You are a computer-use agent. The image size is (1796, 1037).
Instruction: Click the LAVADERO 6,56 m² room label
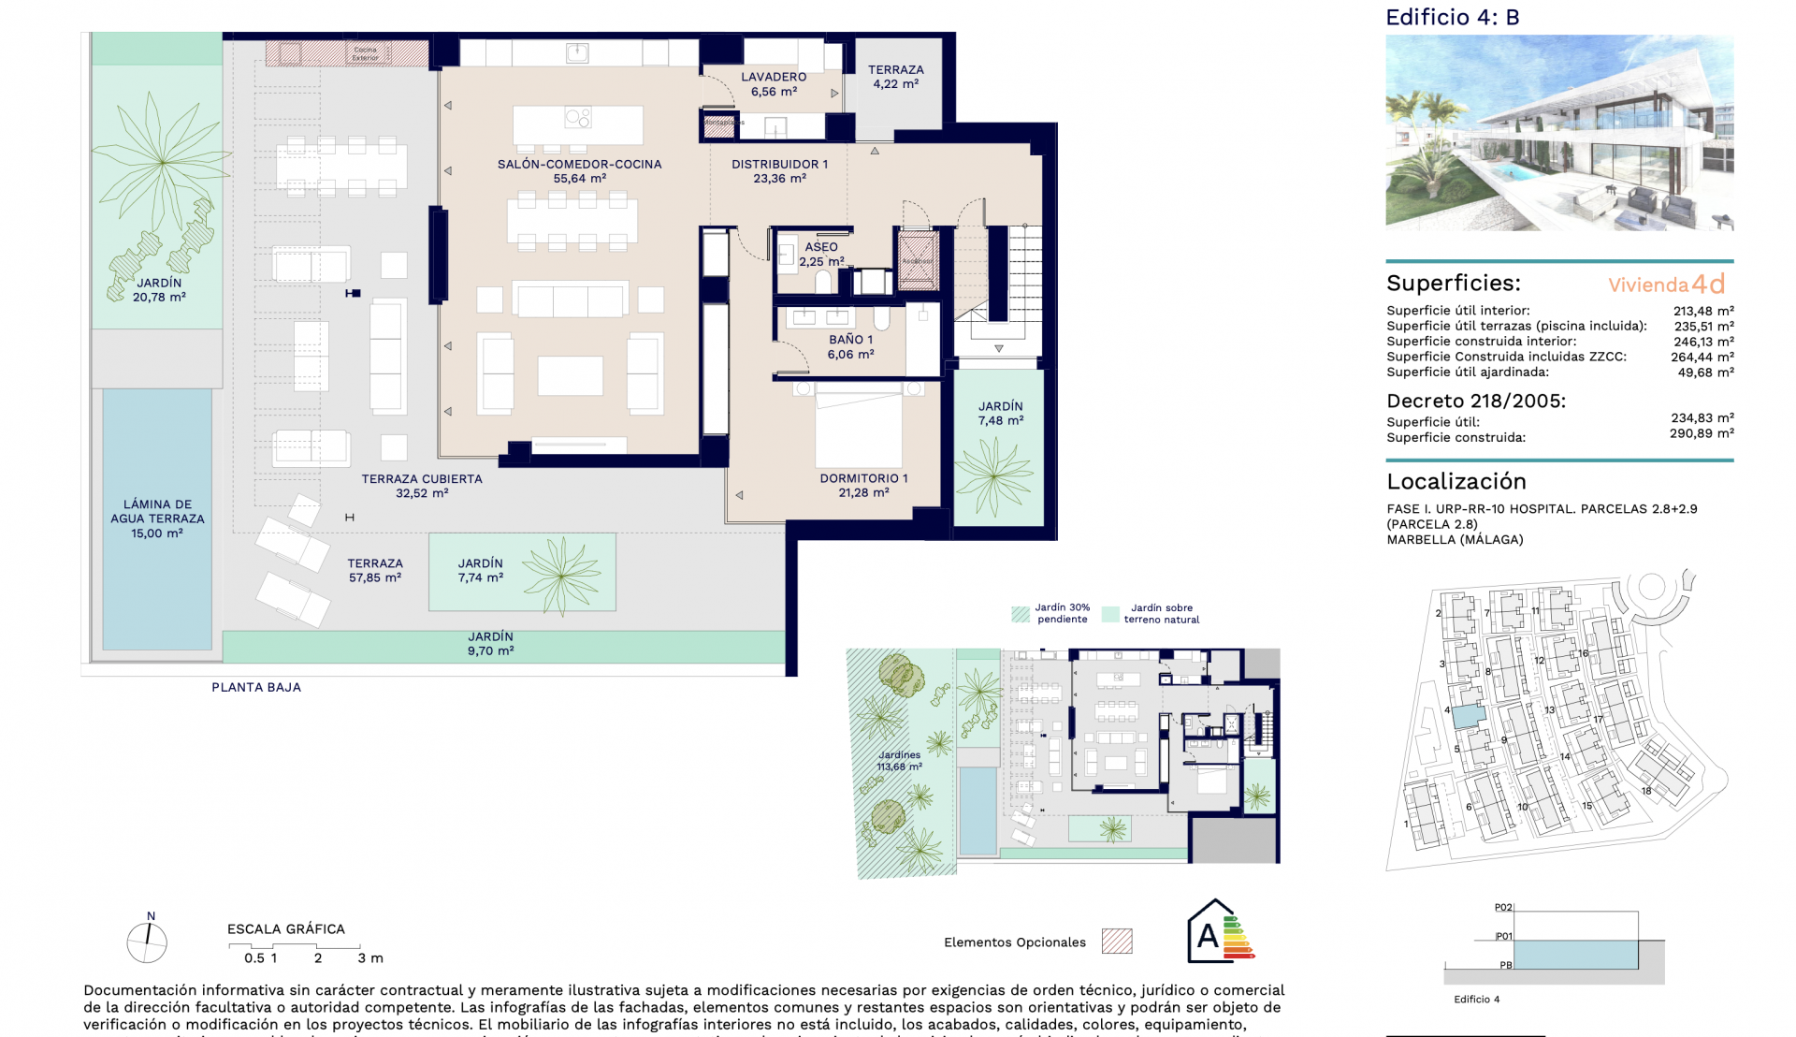pos(774,84)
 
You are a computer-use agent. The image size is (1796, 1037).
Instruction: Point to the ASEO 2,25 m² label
pos(821,254)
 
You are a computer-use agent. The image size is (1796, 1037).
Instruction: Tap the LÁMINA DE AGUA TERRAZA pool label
pos(157,518)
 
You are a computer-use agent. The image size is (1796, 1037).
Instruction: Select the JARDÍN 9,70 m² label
pos(490,643)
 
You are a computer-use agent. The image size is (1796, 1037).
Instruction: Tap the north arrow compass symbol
pos(147,942)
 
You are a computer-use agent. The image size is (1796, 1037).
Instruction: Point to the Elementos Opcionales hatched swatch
pos(1117,941)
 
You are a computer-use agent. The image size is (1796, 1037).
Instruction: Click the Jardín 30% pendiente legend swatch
pos(1021,614)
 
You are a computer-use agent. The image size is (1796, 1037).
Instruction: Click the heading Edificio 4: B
pos(1452,17)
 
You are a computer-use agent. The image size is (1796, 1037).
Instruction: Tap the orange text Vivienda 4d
pos(1666,284)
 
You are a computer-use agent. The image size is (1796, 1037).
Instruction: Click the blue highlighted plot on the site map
pos(1467,716)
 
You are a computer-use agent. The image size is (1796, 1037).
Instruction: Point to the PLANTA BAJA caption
pos(255,687)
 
